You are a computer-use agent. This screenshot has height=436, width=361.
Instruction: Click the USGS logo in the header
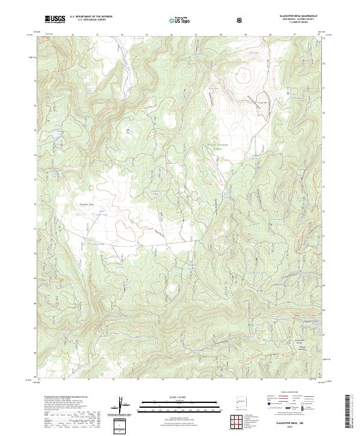coord(55,19)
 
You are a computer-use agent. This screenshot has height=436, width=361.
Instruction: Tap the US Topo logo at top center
coord(174,20)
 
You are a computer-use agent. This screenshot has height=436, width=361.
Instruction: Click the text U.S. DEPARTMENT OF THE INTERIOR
coord(91,17)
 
